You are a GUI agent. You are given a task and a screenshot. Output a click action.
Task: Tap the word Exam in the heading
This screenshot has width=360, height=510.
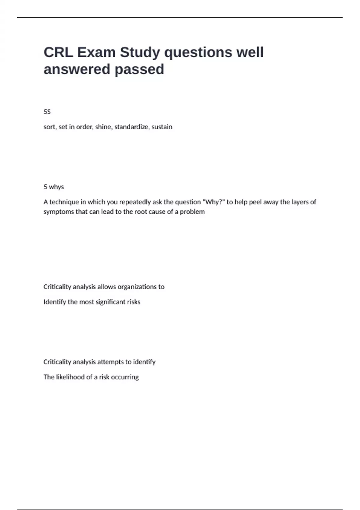(x=96, y=52)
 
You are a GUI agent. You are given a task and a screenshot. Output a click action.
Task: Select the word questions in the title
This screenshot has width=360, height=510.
(x=198, y=52)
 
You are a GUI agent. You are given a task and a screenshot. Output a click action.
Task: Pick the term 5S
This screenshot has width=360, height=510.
(x=47, y=112)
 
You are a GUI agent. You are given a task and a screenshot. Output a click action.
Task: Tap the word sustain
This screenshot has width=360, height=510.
(x=162, y=127)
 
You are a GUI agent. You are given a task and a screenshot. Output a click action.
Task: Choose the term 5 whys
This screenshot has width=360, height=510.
(x=54, y=187)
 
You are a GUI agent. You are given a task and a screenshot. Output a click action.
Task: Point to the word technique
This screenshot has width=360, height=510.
(x=64, y=202)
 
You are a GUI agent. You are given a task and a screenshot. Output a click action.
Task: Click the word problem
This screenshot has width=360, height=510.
(x=192, y=212)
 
